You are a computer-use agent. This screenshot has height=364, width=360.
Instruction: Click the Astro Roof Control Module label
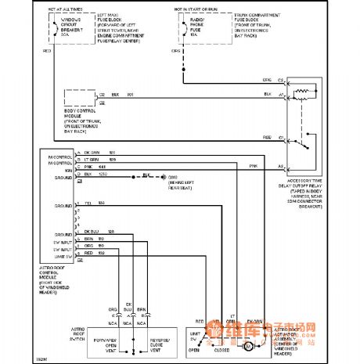pyautogui.click(x=59, y=277)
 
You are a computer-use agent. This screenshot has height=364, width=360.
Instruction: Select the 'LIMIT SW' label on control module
pyautogui.click(x=63, y=254)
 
